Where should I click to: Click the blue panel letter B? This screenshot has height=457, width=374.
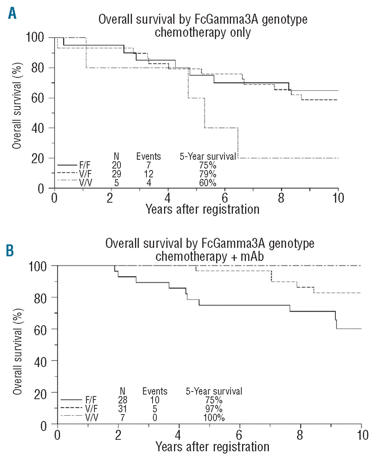tap(10, 250)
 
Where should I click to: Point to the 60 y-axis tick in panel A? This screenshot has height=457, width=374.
tap(38, 98)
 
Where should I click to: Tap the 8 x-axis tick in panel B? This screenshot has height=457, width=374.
tap(300, 435)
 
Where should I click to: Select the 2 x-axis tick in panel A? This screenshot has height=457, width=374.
tap(110, 198)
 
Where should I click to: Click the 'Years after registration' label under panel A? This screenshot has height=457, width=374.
tap(203, 209)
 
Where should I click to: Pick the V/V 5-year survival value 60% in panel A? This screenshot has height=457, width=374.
tap(208, 183)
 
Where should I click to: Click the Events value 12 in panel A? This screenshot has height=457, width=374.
tap(149, 174)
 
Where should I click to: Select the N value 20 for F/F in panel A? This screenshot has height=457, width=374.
tap(116, 165)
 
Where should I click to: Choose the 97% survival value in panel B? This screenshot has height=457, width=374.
tap(214, 409)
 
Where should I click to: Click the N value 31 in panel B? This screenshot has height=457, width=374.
tap(123, 409)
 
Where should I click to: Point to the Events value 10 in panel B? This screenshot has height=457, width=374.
tap(155, 400)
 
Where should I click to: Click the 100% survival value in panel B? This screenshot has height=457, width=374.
tap(214, 417)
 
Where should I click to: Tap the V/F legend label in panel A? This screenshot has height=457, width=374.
tap(85, 174)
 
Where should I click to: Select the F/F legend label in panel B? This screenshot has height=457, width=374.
tap(91, 400)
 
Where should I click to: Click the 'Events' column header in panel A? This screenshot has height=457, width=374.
tap(149, 156)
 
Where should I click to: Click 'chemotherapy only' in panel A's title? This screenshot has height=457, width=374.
tap(203, 32)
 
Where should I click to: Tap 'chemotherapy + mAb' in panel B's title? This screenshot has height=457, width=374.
tap(210, 256)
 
